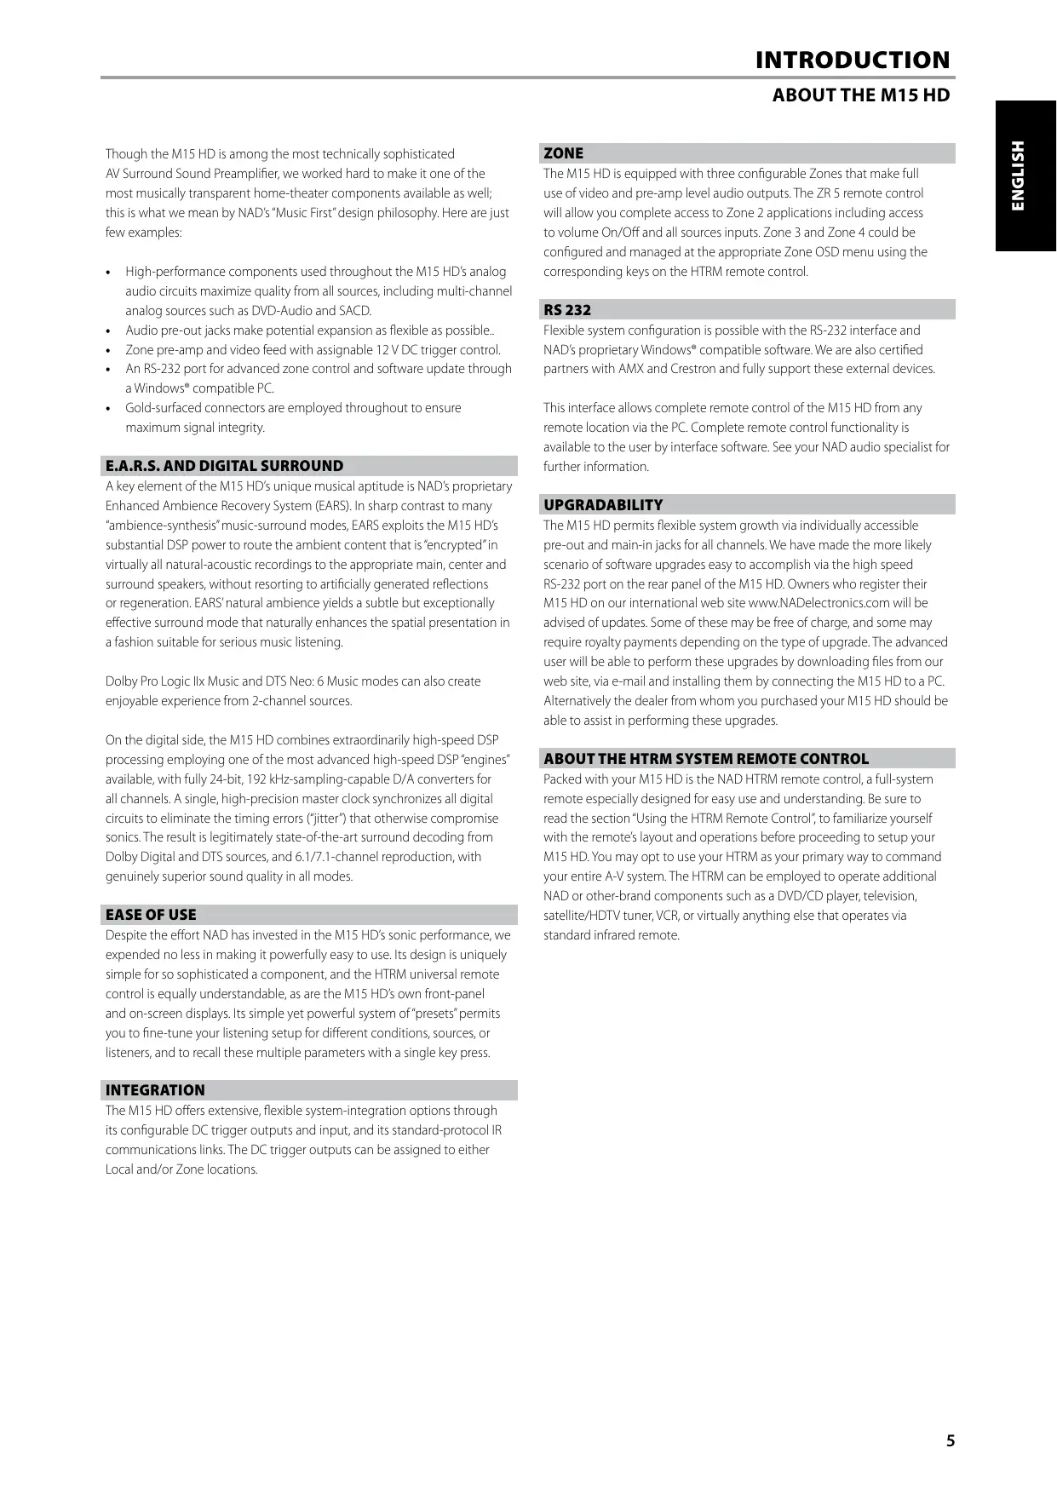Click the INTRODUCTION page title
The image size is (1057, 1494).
[852, 60]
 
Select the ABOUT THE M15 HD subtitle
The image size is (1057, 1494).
[860, 95]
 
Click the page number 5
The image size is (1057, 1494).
[951, 1441]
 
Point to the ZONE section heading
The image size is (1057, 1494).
[563, 154]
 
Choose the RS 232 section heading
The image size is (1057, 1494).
[567, 311]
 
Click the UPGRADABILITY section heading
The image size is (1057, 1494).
[603, 506]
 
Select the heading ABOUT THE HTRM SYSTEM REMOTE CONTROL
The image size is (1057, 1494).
[706, 760]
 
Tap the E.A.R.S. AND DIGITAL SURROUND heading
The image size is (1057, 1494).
[224, 467]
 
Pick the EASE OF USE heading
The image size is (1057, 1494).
[151, 916]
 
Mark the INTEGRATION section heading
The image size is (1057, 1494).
[155, 1091]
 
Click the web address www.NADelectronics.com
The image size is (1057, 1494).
[819, 604]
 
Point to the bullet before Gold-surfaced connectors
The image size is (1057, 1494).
[108, 410]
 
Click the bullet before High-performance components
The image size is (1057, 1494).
[108, 273]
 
